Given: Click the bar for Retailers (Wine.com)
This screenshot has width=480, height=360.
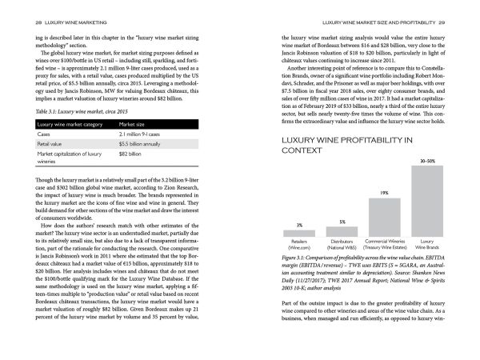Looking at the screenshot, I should point(299,233).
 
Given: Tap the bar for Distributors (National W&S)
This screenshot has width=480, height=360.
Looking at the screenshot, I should point(342,231).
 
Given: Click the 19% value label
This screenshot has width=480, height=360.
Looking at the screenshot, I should point(385,193).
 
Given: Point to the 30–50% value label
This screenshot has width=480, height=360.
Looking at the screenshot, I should point(427,162).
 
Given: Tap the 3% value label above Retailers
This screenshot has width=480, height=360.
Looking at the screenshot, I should point(299,226).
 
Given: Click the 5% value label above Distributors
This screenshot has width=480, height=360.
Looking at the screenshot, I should point(342,222).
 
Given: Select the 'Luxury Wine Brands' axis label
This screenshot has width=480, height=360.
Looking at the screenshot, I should point(427,244).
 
